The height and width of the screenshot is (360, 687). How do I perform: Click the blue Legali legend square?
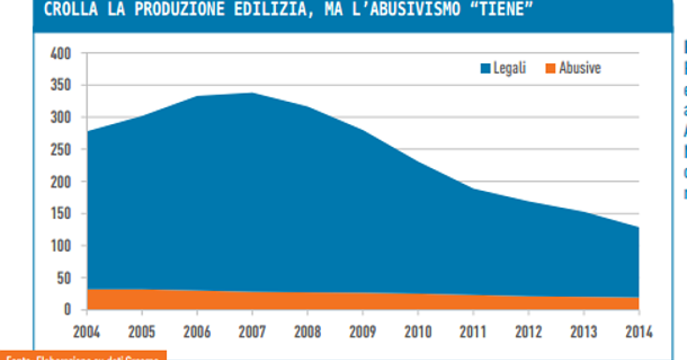485,69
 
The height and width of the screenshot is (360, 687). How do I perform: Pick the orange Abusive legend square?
550,69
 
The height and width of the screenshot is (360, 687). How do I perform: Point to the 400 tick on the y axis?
61,54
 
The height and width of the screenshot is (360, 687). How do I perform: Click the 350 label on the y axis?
61,85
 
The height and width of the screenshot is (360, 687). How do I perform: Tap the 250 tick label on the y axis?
61,149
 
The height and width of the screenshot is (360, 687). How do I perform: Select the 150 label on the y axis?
61,214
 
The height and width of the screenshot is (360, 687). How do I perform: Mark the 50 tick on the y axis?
64,278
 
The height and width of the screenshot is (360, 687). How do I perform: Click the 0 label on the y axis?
68,310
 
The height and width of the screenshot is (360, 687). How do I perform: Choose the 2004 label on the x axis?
87,333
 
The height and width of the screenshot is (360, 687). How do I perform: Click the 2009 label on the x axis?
363,333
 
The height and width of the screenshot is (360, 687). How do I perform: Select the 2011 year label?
473,333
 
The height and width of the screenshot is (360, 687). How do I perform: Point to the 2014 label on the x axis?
638,333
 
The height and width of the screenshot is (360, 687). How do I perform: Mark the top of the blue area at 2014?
638,227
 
